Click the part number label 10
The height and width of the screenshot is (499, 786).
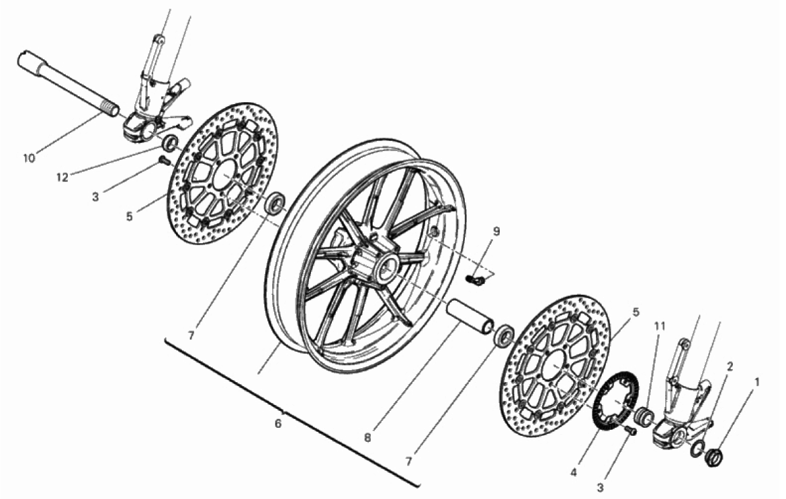click(30, 158)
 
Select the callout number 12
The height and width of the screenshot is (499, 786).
click(62, 177)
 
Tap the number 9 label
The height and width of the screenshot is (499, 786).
click(496, 232)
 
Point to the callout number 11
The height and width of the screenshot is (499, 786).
click(660, 326)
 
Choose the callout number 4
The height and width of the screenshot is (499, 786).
click(574, 472)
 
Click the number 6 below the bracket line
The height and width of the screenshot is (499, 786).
click(278, 424)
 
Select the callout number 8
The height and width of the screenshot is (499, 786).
click(367, 438)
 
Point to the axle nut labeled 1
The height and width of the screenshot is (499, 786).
click(714, 444)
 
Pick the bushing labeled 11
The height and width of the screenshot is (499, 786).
click(644, 417)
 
